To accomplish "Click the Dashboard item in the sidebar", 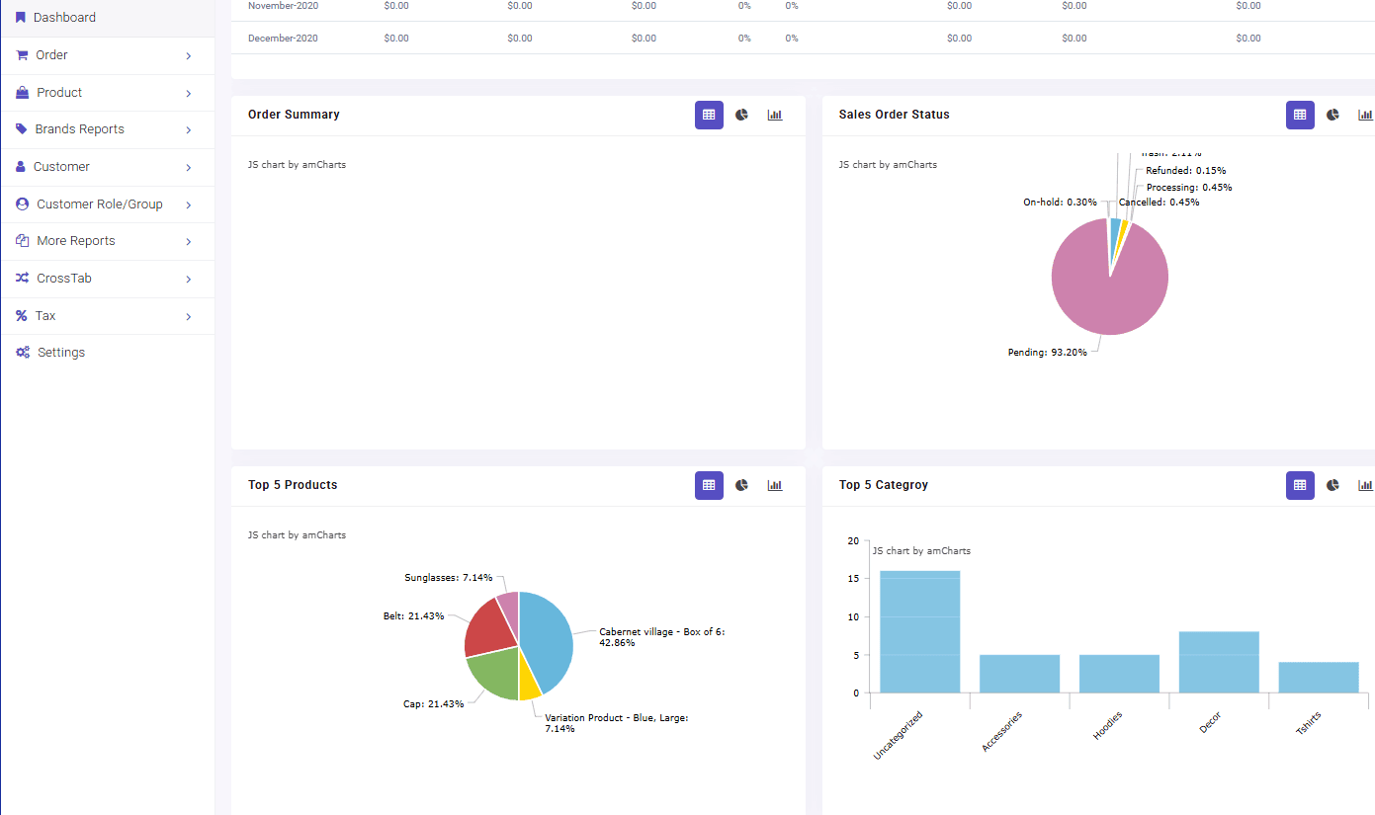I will point(64,18).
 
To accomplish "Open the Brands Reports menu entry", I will point(79,129).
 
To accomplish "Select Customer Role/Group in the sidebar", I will point(99,204).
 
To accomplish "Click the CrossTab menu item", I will point(64,279).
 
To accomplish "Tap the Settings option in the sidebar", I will point(60,353).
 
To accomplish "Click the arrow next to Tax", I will point(188,317).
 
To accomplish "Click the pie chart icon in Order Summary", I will point(742,115).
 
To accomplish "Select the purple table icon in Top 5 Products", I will point(709,485).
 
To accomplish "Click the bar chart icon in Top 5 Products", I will point(775,485).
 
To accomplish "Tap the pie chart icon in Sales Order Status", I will point(1332,115).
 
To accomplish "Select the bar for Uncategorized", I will point(919,632).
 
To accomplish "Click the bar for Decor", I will point(1219,662).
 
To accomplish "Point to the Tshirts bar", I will point(1318,678).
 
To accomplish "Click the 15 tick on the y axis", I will point(853,579).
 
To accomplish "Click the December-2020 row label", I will point(283,39).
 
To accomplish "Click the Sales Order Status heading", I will point(894,115).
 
